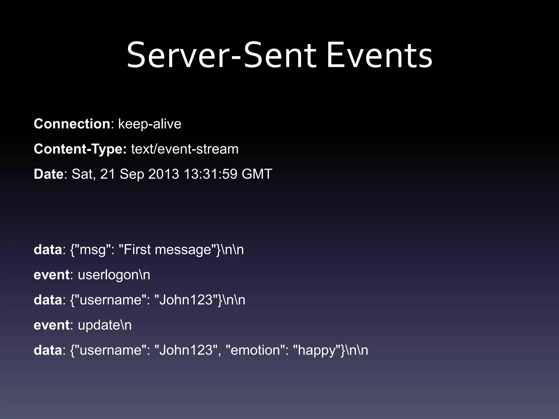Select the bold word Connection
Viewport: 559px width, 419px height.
click(72, 124)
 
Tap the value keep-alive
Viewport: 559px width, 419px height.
click(150, 124)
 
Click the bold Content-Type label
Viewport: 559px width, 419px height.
click(80, 149)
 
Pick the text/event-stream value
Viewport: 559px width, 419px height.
click(185, 149)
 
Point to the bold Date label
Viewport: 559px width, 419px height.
click(48, 174)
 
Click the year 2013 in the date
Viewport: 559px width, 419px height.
click(163, 174)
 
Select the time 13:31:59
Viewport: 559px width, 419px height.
click(210, 174)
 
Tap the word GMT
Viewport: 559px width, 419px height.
click(257, 174)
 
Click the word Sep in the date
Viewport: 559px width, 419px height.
click(132, 174)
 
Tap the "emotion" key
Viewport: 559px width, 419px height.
click(255, 350)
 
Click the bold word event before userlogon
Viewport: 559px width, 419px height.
click(51, 275)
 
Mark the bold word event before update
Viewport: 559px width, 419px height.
click(51, 325)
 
